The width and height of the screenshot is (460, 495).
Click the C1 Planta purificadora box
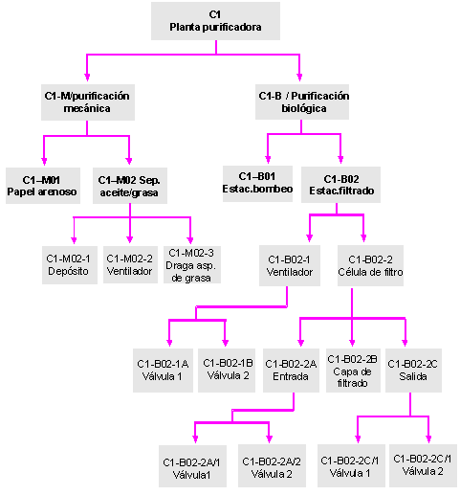pyautogui.click(x=215, y=21)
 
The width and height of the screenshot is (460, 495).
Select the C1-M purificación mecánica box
pyautogui.click(x=88, y=102)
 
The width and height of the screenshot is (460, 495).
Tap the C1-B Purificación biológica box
pyautogui.click(x=302, y=102)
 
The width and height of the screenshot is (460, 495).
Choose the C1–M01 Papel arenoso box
pyautogui.click(x=43, y=186)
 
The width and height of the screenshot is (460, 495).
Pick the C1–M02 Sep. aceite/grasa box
pyautogui.click(x=130, y=186)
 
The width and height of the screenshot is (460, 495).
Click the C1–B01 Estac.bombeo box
pyautogui.click(x=257, y=184)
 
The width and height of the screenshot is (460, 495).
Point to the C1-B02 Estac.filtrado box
pyautogui.click(x=340, y=185)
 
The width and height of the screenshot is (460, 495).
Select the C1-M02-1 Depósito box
pyautogui.click(x=70, y=265)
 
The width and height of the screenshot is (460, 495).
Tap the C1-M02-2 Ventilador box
pyautogui.click(x=130, y=264)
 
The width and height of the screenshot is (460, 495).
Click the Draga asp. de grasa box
pyautogui.click(x=192, y=264)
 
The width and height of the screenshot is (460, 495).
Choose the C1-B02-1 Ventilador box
pyautogui.click(x=290, y=265)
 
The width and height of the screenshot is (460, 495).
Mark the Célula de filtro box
pyautogui.click(x=370, y=265)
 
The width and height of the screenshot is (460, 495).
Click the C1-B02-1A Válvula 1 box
pyautogui.click(x=163, y=371)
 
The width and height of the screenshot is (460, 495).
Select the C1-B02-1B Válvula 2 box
pyautogui.click(x=227, y=371)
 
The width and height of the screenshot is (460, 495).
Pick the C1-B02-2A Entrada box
pyautogui.click(x=291, y=371)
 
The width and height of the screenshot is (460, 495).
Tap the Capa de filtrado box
pyautogui.click(x=353, y=371)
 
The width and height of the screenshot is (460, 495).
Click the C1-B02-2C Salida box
pyautogui.click(x=413, y=371)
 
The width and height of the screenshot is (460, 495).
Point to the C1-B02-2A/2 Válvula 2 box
pyautogui.click(x=272, y=465)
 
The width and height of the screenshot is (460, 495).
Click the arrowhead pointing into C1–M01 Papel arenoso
pyautogui.click(x=44, y=161)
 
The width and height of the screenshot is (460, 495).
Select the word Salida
pyautogui.click(x=413, y=376)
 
